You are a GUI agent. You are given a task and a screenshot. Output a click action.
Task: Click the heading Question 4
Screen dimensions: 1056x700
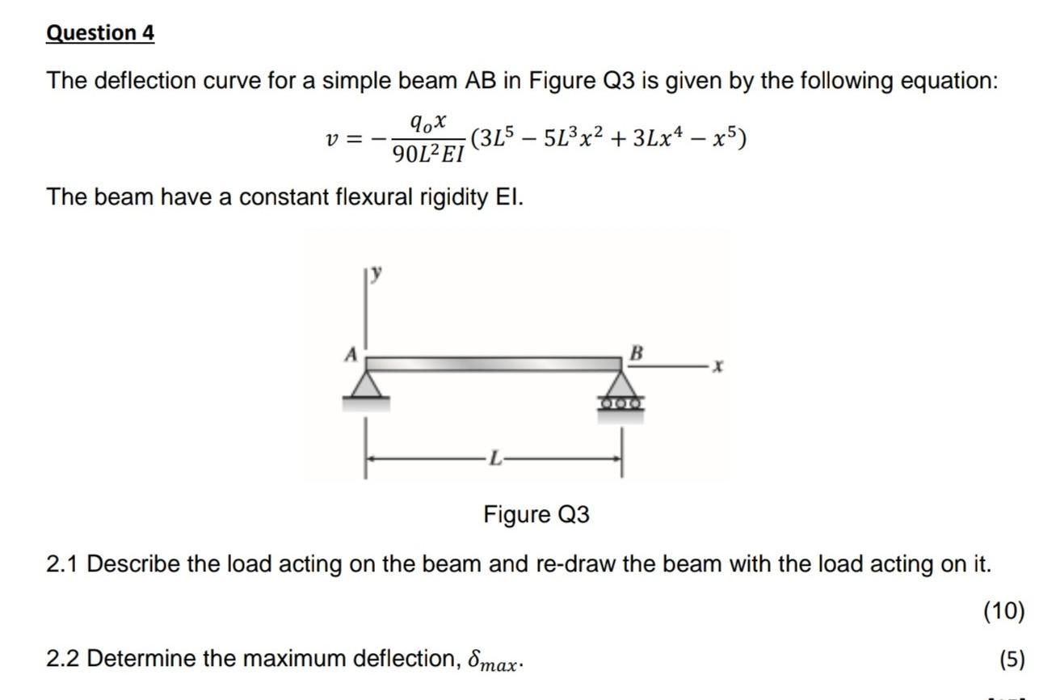point(100,33)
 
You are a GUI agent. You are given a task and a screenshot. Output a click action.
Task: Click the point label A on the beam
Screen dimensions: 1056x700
point(351,353)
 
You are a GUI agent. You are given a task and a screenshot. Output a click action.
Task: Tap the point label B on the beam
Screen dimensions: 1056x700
point(637,352)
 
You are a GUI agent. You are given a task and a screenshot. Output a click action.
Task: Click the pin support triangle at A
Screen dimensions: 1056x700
point(368,385)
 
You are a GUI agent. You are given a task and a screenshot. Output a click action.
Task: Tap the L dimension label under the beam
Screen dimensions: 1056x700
point(495,459)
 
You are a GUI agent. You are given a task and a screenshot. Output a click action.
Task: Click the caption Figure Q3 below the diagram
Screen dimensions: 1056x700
point(536,514)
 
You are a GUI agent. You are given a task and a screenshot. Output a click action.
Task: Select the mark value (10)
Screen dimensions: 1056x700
point(1003,611)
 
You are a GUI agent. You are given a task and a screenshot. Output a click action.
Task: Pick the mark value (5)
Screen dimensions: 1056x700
point(1012,659)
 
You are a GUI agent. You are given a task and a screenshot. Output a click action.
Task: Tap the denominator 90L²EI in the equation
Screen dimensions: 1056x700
point(427,154)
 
